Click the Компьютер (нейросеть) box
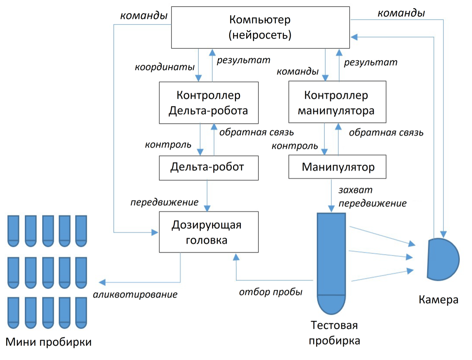(x=260, y=27)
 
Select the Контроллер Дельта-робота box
(x=209, y=103)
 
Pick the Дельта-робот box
(x=209, y=168)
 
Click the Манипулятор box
(x=337, y=167)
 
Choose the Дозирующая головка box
(x=209, y=232)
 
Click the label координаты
(x=164, y=67)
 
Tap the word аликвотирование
(x=135, y=294)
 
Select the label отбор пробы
(x=271, y=292)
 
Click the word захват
(x=355, y=190)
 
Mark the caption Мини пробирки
(x=49, y=342)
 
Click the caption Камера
(x=438, y=300)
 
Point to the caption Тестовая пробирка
(x=334, y=333)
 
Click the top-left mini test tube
(x=14, y=231)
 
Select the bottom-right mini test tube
(x=81, y=312)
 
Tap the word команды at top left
(x=144, y=16)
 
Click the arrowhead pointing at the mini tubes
(x=102, y=282)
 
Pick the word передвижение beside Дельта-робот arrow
(x=164, y=202)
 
